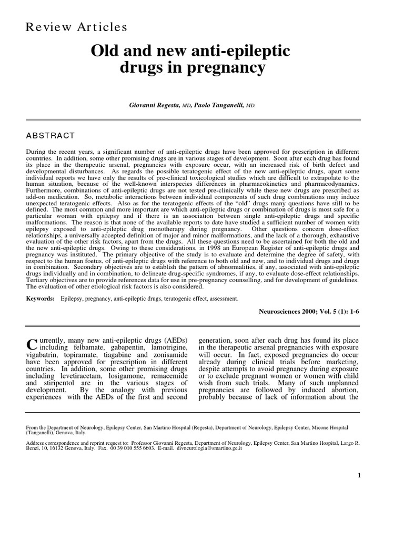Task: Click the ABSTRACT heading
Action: [50, 135]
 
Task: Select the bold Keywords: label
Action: [41, 298]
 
